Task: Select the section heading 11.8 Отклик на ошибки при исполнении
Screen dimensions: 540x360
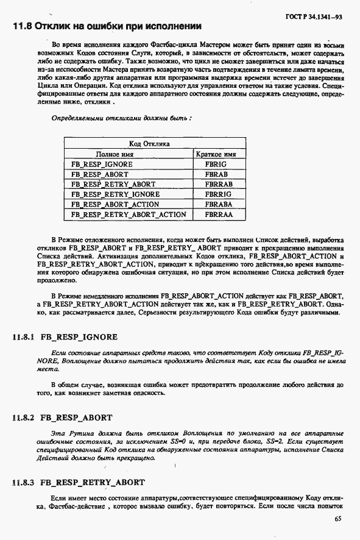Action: pos(107,27)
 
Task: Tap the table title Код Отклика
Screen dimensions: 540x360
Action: pos(149,144)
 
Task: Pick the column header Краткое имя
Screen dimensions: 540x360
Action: pos(219,154)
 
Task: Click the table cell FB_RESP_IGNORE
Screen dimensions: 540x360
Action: pos(102,165)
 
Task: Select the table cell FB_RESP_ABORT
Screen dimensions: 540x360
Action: pos(100,174)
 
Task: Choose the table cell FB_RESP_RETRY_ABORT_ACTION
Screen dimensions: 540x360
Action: pos(129,215)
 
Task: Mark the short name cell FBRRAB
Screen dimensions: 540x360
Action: pos(219,184)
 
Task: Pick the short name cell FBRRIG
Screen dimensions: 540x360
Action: pos(219,194)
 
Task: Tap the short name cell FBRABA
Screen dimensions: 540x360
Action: pos(219,204)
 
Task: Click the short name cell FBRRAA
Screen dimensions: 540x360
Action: pos(219,215)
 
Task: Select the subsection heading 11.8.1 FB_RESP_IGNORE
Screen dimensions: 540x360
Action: pos(65,337)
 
